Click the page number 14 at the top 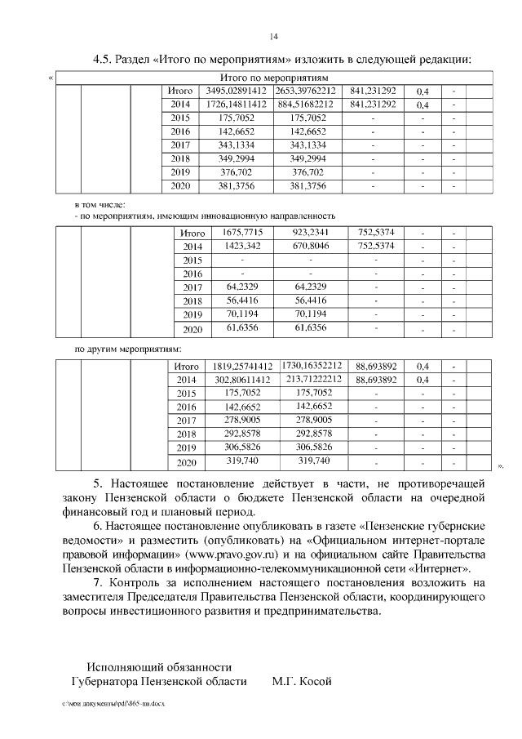[x=274, y=36]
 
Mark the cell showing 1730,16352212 [x=312, y=366]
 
